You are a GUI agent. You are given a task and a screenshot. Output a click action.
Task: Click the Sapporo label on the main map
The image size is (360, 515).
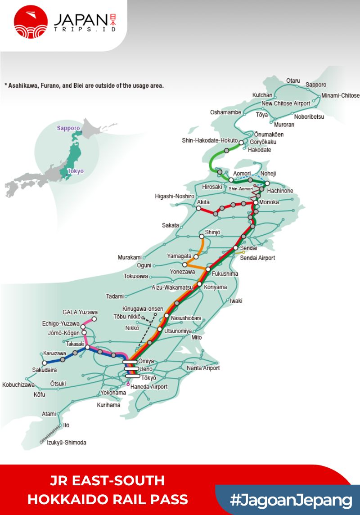coord(316,85)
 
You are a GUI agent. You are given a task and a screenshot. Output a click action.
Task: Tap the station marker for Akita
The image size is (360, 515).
coord(198,208)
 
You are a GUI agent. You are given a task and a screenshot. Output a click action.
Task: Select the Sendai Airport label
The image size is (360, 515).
coord(257,258)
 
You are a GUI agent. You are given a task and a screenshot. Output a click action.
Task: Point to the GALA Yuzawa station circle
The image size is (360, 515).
coord(94,319)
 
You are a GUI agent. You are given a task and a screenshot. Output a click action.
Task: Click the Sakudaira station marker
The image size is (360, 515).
coord(45,363)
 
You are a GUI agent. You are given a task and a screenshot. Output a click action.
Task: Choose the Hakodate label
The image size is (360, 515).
coord(260,150)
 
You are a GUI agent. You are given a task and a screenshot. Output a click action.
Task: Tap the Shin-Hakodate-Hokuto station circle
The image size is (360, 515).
coord(241,143)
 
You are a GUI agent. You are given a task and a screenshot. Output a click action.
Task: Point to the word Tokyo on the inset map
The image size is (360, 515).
coord(75,171)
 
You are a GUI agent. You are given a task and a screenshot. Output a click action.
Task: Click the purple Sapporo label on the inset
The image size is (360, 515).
coord(68,128)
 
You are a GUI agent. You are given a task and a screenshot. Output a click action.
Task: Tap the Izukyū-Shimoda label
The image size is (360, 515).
coord(67,443)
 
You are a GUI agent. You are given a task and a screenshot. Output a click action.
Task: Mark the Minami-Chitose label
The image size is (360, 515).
coord(340,95)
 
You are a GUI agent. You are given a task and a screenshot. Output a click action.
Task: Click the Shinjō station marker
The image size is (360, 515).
coord(202,236)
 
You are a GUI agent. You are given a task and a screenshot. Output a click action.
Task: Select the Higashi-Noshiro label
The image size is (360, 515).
coord(174,197)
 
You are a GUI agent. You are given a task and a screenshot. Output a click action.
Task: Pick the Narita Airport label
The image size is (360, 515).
coord(203,368)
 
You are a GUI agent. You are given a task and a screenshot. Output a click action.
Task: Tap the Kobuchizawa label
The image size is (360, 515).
coord(18,385)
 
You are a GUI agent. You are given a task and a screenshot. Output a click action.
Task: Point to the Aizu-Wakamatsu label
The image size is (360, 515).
coord(172,287)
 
